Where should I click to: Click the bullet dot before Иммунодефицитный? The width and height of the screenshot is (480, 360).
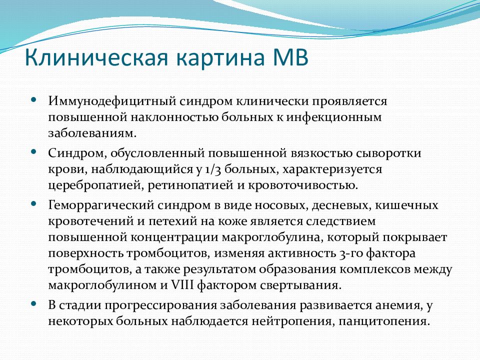pos(33,100)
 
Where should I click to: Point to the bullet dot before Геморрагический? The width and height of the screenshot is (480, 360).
pos(33,203)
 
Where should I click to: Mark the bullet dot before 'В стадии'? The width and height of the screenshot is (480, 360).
pos(33,303)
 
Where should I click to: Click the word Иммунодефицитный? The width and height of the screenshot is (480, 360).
pos(112,101)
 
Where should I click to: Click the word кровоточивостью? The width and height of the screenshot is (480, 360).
pos(303,185)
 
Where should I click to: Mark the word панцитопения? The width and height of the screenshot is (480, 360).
pos(384,321)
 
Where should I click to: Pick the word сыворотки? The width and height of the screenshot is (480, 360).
pos(388,153)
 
